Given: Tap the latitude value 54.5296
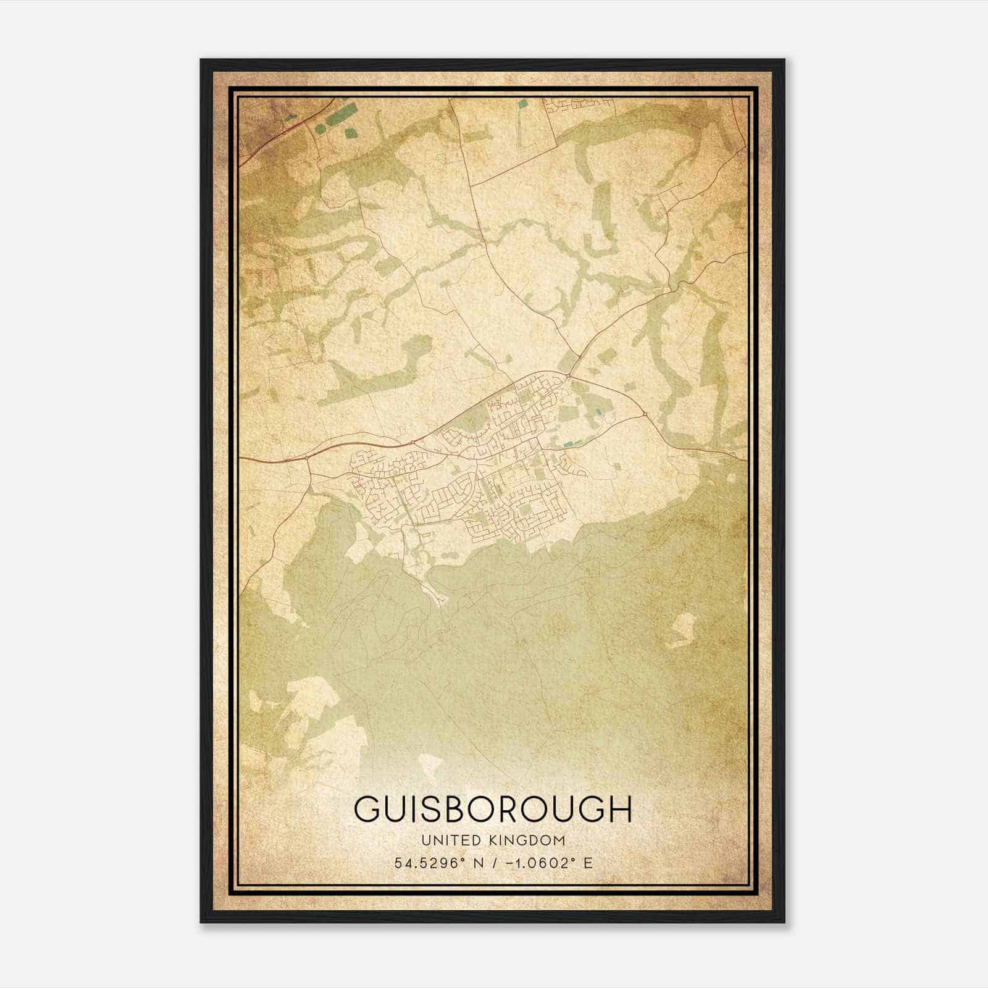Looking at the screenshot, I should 427,863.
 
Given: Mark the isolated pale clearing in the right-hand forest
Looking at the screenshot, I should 681,630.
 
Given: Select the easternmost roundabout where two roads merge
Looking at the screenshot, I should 645,414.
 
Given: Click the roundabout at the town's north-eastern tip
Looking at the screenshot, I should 567,374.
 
